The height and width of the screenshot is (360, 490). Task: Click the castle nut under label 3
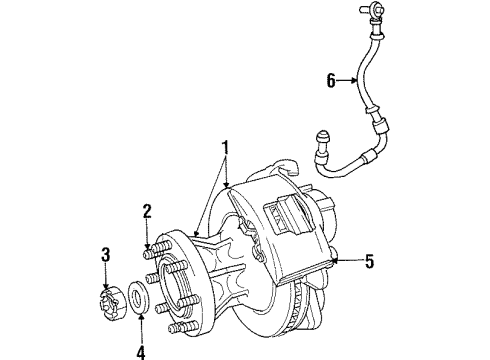pyautogui.click(x=111, y=298)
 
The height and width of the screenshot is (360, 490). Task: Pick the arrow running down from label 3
pyautogui.click(x=107, y=277)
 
